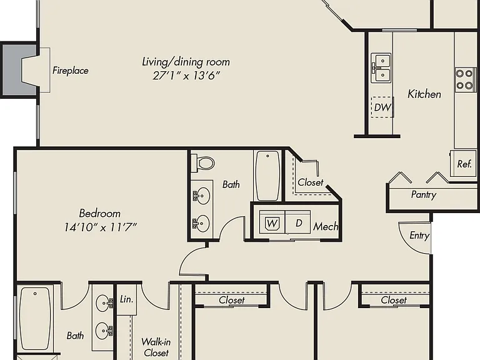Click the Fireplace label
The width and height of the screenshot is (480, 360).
coord(71,71)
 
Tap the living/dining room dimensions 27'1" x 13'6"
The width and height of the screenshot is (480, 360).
coord(186,75)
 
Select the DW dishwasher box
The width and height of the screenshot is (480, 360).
coord(382,107)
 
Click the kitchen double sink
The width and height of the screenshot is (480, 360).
coord(381,68)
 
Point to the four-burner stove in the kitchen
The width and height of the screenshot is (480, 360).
coord(465,79)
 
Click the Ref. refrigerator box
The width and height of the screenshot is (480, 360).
coord(464,164)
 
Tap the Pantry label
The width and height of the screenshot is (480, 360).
coord(424,195)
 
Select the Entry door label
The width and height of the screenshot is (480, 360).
coord(419,236)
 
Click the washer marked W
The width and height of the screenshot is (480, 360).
coord(272,222)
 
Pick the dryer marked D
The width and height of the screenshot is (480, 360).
coord(298,222)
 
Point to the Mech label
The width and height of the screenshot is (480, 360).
coord(326,226)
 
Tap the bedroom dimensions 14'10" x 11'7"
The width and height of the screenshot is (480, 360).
coord(100,227)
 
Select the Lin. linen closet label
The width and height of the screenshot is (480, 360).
coord(126,299)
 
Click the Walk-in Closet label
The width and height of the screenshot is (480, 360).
coord(156,347)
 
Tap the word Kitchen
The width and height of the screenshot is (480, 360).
coord(424,94)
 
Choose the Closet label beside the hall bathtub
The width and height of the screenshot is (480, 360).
coord(311,182)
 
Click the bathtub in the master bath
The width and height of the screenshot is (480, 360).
coord(35,318)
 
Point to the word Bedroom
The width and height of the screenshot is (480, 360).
coord(100,213)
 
